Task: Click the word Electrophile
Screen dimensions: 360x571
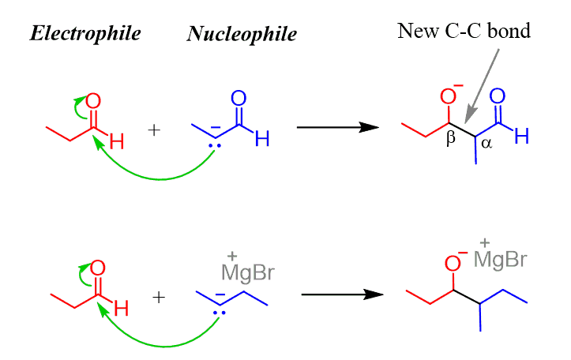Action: (x=85, y=33)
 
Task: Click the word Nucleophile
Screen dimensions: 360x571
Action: (x=242, y=35)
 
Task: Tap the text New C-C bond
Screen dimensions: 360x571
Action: (x=464, y=32)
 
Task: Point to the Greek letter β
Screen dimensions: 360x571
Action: (x=452, y=138)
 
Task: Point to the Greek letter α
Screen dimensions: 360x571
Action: (x=485, y=144)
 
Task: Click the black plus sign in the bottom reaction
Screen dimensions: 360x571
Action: (x=159, y=297)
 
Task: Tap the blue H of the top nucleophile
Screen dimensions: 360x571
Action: (x=262, y=140)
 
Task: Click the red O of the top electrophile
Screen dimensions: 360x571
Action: (x=93, y=102)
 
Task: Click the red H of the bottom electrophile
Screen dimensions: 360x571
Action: (x=121, y=309)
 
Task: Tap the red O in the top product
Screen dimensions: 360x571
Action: (x=448, y=97)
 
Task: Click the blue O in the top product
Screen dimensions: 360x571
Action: (x=498, y=96)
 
